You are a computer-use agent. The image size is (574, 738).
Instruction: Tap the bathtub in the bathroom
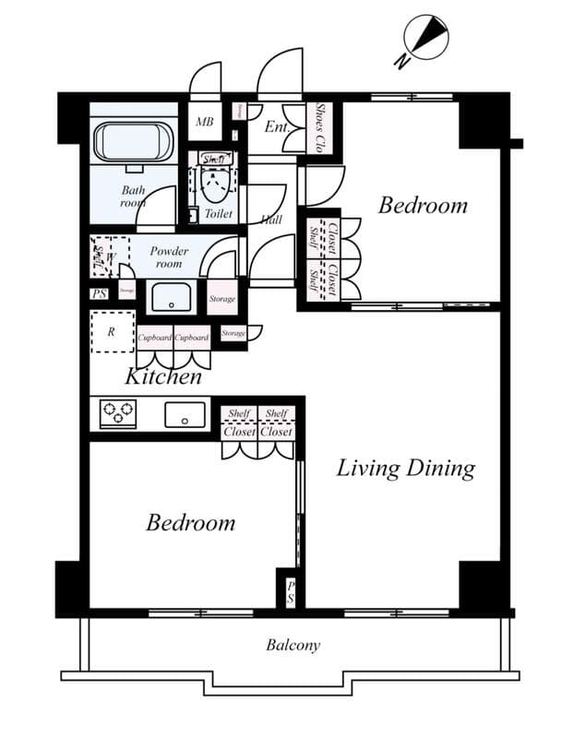click(x=135, y=143)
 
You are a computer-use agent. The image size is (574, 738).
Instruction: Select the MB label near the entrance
click(x=205, y=122)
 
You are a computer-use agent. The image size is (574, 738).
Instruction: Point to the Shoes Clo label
click(x=320, y=127)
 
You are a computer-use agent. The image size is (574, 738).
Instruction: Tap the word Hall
click(x=271, y=220)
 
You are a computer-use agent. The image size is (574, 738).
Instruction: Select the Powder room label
click(x=170, y=257)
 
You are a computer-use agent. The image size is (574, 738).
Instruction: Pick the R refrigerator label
click(x=111, y=333)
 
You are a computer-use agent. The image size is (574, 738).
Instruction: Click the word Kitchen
click(x=163, y=376)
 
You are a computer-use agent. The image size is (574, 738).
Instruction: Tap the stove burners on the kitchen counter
click(x=118, y=414)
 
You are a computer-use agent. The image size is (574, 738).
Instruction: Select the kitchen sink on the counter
click(x=185, y=415)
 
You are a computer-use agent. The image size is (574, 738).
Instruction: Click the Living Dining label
click(x=405, y=468)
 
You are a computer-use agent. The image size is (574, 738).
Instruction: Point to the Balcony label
click(x=293, y=645)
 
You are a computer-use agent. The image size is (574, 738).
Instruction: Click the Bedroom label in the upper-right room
click(x=423, y=205)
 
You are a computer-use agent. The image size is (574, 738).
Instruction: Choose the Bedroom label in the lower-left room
click(x=191, y=523)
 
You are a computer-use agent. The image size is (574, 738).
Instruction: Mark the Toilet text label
click(x=218, y=213)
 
